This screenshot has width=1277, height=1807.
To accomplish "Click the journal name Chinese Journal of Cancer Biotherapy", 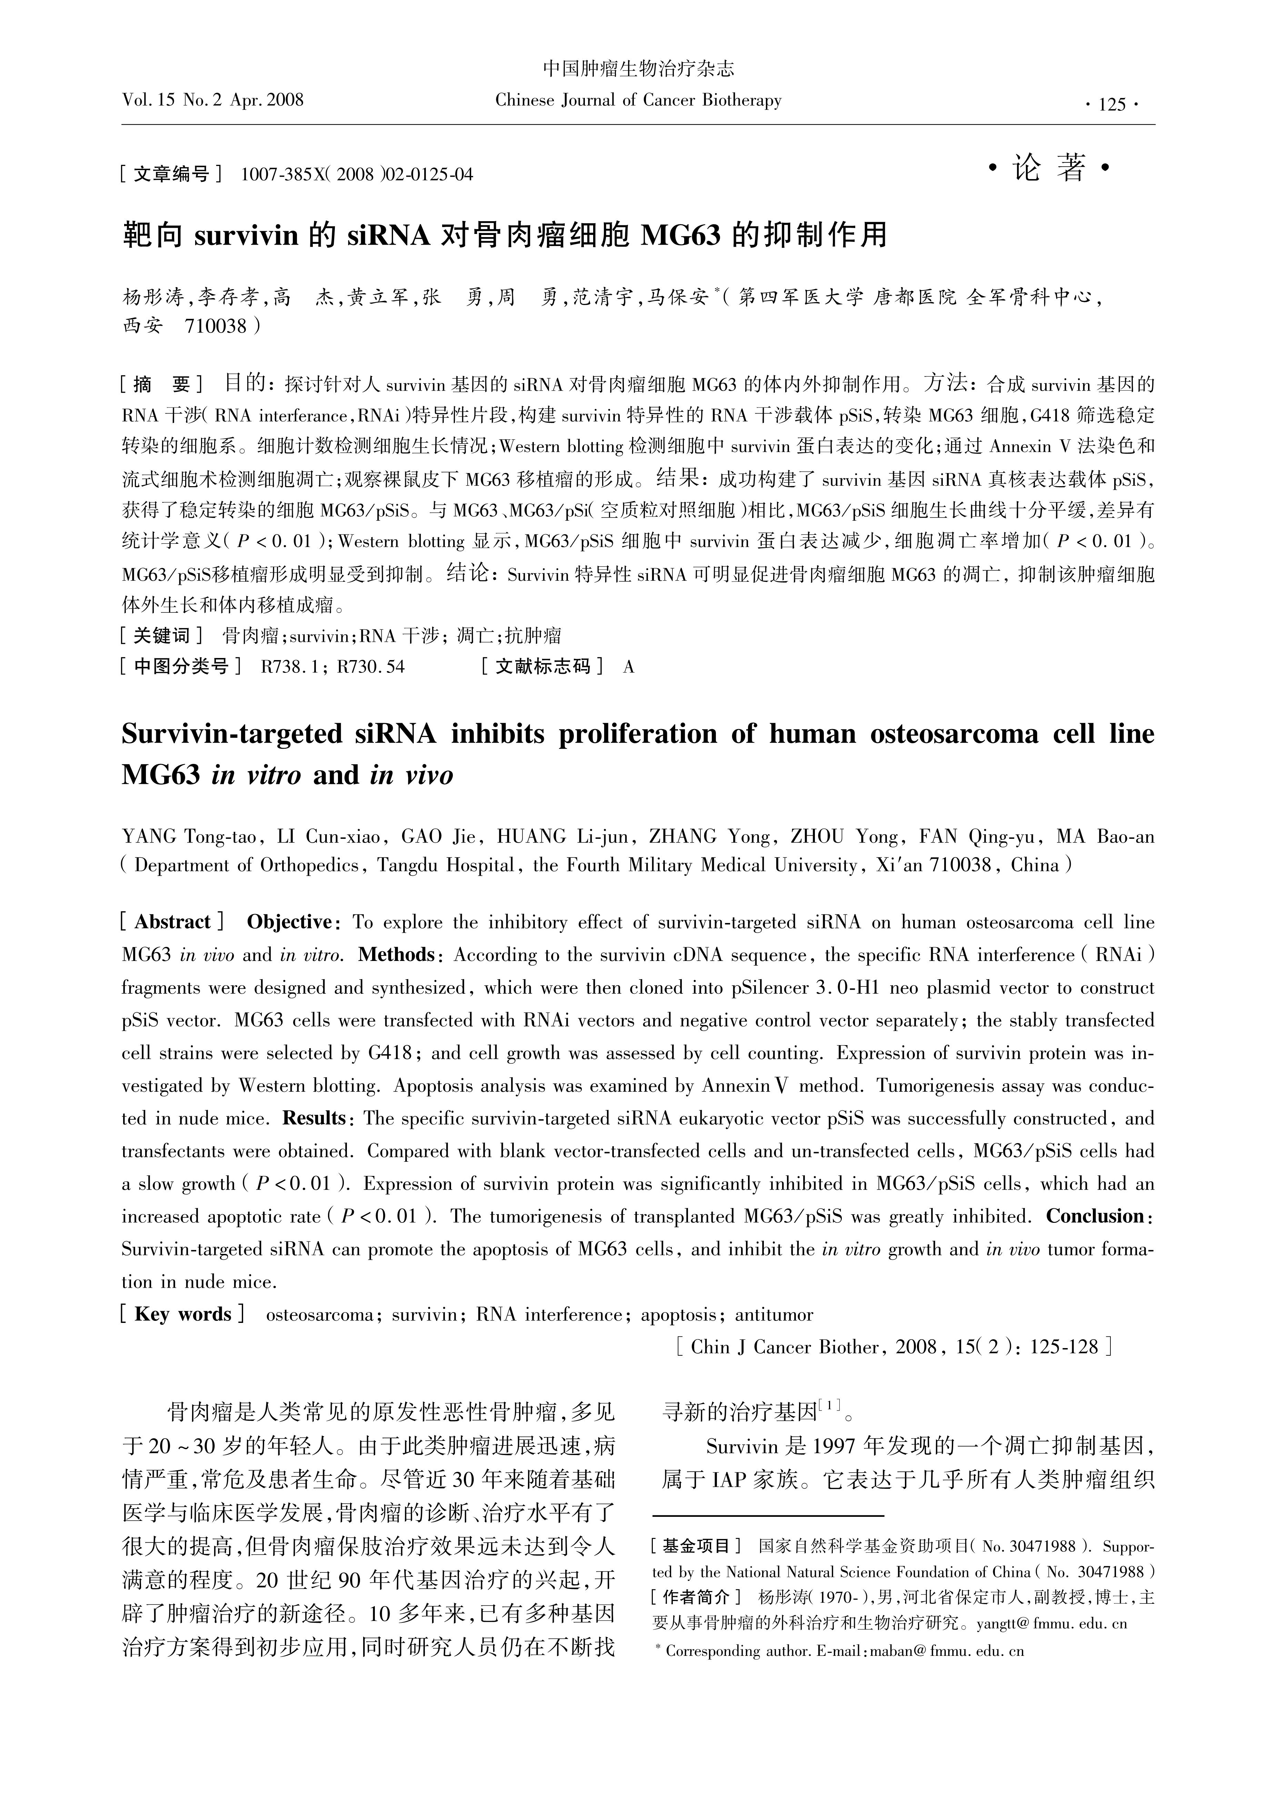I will point(638,101).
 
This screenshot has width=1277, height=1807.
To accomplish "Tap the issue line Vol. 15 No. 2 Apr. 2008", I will point(213,100).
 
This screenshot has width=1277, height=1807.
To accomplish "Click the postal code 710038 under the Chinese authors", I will point(216,326).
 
